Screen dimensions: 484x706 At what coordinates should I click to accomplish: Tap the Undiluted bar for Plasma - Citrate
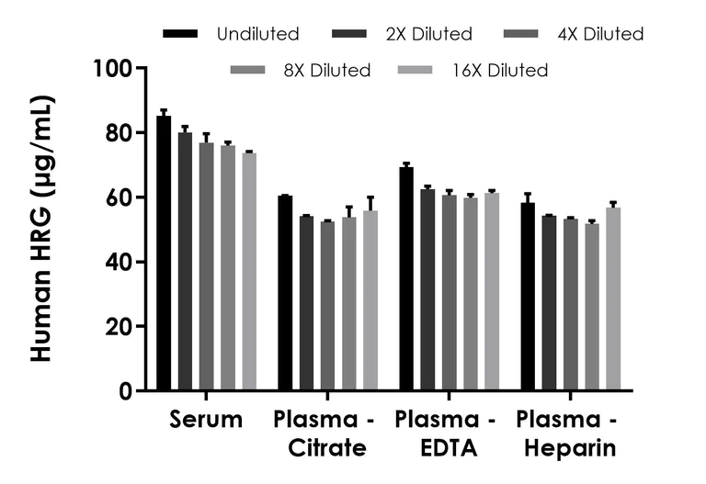[285, 293]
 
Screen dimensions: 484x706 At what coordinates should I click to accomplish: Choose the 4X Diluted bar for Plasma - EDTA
[449, 293]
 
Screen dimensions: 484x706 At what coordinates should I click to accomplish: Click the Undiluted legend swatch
[180, 34]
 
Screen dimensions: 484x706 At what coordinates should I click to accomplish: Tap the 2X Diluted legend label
[428, 34]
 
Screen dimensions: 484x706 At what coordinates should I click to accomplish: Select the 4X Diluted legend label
[599, 34]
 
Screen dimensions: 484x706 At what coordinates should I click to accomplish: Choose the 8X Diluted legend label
[327, 70]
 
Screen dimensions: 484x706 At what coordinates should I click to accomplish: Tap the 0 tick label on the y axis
[125, 391]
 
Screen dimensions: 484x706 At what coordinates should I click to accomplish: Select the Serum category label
[206, 421]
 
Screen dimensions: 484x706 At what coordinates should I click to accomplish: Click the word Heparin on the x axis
[566, 449]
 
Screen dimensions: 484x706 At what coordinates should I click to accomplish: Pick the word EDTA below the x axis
[446, 449]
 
